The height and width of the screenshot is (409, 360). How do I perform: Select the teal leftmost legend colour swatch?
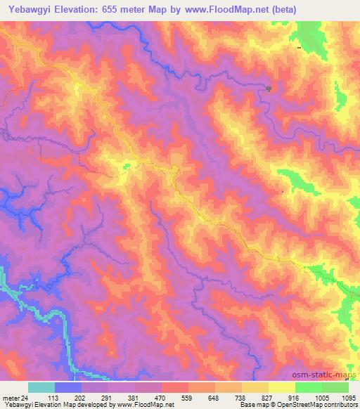[x=41, y=387]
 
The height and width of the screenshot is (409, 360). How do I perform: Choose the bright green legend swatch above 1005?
[x=308, y=387]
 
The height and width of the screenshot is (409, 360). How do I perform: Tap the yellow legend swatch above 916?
[x=281, y=387]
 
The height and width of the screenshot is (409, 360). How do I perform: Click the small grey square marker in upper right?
[x=269, y=88]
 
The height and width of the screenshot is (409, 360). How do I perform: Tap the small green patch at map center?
[x=127, y=166]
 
